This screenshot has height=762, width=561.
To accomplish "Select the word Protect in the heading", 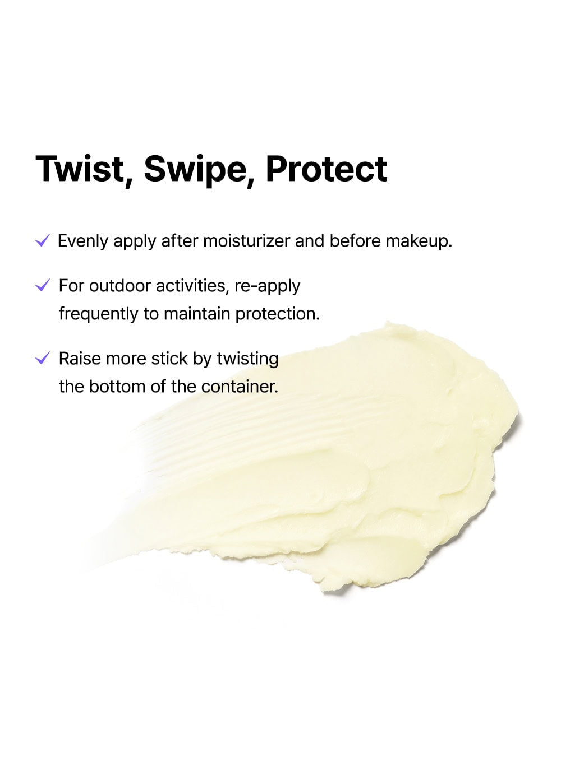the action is pyautogui.click(x=327, y=169).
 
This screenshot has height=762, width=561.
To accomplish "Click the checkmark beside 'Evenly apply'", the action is pyautogui.click(x=43, y=240).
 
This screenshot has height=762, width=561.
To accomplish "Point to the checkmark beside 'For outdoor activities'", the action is pyautogui.click(x=43, y=285).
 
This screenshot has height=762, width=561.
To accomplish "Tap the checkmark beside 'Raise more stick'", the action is pyautogui.click(x=43, y=358).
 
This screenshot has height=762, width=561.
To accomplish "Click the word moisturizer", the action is pyautogui.click(x=247, y=241).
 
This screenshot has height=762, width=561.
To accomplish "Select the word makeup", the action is pyautogui.click(x=419, y=241).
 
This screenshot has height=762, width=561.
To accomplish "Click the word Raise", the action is pyautogui.click(x=80, y=359).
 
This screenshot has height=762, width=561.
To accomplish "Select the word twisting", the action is pyautogui.click(x=247, y=360).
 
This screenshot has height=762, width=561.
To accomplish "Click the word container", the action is pyautogui.click(x=240, y=387).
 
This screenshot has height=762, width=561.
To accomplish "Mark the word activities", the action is pyautogui.click(x=192, y=286).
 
